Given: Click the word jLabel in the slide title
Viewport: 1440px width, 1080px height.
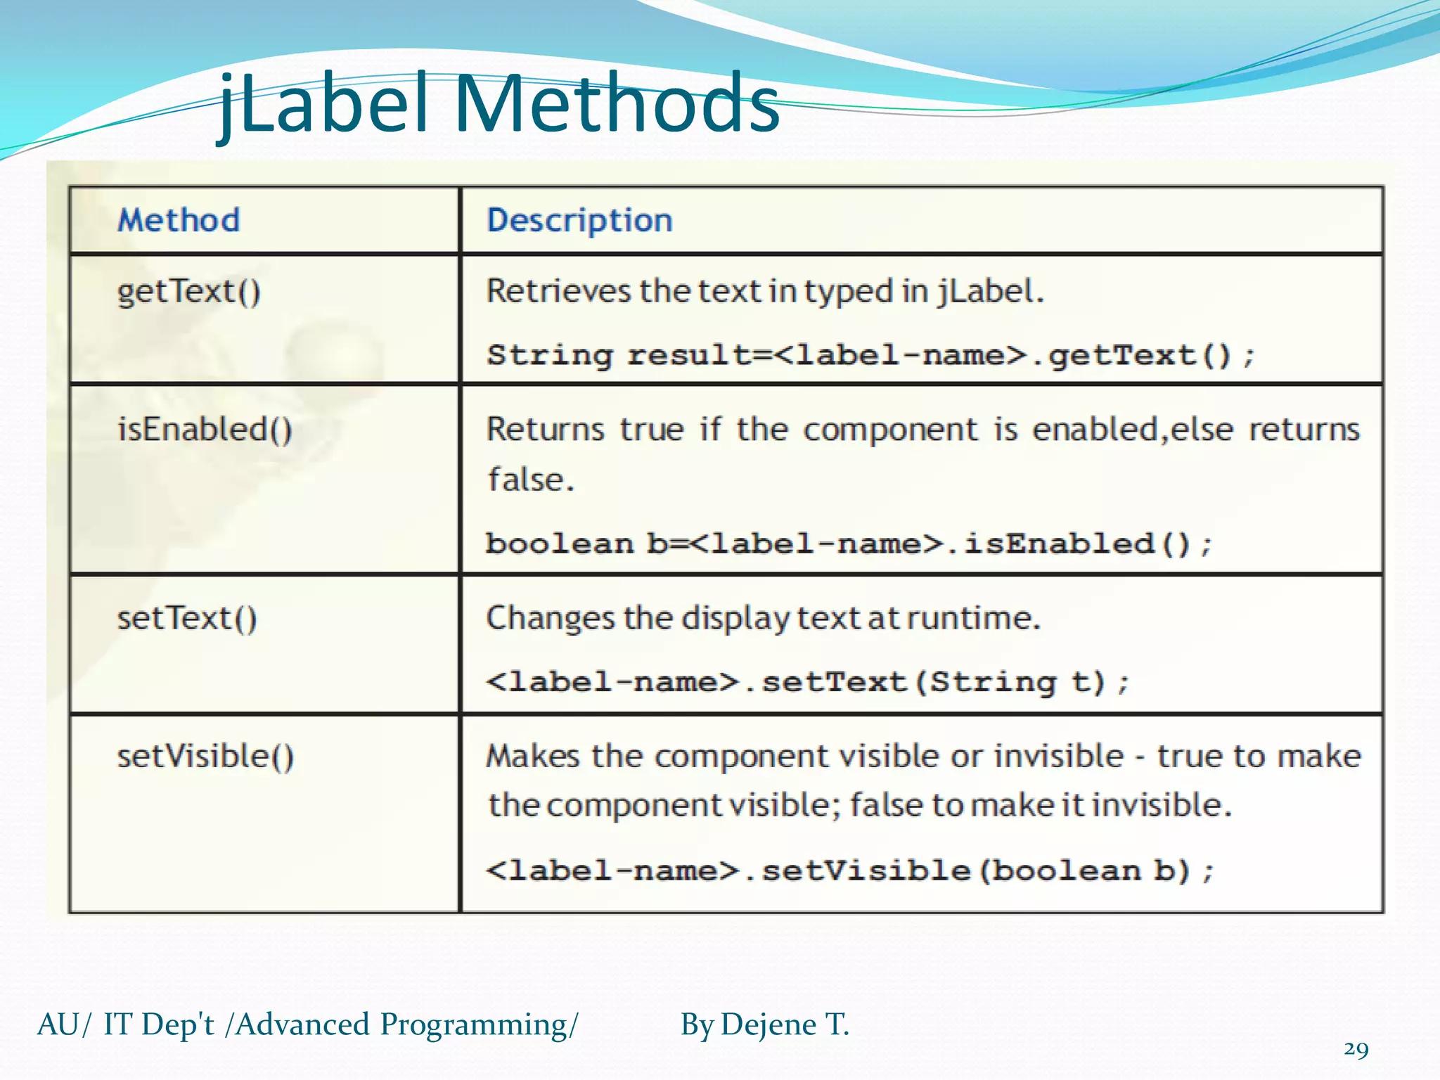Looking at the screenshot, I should click(x=323, y=104).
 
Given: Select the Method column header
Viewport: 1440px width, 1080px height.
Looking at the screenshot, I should click(x=179, y=220).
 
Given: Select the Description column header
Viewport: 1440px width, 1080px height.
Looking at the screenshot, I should click(x=579, y=220).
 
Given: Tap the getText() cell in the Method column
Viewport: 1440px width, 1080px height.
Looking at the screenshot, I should click(x=188, y=292).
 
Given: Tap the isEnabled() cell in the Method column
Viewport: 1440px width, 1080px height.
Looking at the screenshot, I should click(x=205, y=430).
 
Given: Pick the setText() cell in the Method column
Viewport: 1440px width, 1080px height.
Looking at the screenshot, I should click(x=187, y=619).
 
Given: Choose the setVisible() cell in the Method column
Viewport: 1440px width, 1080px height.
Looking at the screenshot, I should click(x=205, y=757).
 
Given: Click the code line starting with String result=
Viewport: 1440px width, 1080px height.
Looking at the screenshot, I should click(x=870, y=355).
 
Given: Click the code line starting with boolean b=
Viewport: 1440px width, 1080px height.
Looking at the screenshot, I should click(x=849, y=544).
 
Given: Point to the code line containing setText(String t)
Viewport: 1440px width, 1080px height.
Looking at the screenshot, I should click(x=807, y=682).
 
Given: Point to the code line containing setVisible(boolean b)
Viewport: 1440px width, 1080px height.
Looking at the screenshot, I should click(x=849, y=871).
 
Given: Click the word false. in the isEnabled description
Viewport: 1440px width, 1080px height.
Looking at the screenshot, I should click(x=532, y=480).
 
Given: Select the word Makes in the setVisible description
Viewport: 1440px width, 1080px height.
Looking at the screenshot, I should click(x=533, y=757).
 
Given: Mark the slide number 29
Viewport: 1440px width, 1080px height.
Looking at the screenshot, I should click(x=1356, y=1050).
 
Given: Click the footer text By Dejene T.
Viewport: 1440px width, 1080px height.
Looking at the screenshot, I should click(x=765, y=1024).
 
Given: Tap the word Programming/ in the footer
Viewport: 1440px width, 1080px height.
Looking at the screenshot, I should click(x=479, y=1024).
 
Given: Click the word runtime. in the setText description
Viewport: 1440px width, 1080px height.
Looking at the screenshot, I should click(x=973, y=619).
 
